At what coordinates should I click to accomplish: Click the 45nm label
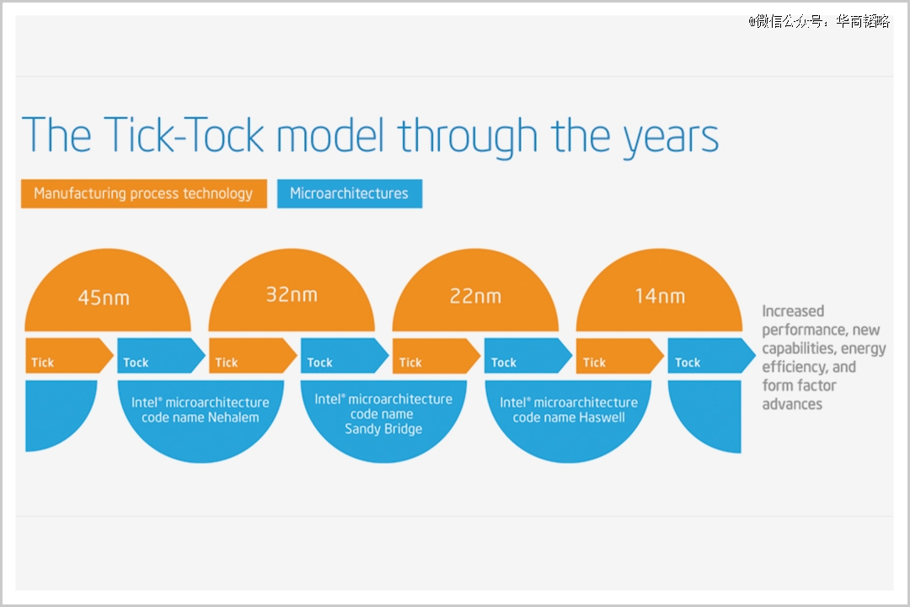(x=104, y=298)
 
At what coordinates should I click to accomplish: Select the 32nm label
(x=292, y=294)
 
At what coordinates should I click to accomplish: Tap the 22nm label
(x=475, y=296)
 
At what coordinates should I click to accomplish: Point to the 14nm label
(x=660, y=296)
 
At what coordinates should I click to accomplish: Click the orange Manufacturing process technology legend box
(x=144, y=193)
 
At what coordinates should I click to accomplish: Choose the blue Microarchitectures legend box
(x=350, y=193)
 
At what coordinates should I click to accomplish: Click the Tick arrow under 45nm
(x=69, y=356)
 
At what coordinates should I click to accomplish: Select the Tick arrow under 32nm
(x=253, y=356)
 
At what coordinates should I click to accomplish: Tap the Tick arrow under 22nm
(x=436, y=356)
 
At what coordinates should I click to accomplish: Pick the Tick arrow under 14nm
(x=620, y=356)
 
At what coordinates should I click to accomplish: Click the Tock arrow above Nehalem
(x=161, y=356)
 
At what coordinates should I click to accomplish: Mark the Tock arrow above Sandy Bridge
(x=345, y=356)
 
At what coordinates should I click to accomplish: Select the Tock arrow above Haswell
(x=528, y=356)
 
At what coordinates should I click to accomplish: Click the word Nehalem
(x=233, y=417)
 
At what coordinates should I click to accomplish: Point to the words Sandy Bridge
(x=383, y=429)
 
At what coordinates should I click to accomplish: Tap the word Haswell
(x=602, y=417)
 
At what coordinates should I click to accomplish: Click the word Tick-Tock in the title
(x=184, y=135)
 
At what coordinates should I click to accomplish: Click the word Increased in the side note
(x=793, y=311)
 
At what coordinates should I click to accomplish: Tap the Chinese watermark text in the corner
(x=819, y=21)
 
